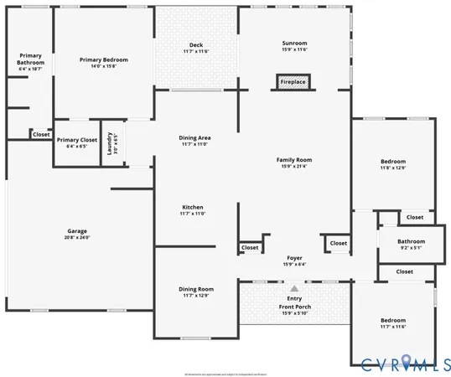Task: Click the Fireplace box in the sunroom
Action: [293, 82]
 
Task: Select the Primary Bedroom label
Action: [103, 59]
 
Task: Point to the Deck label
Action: [195, 45]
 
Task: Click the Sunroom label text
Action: [293, 43]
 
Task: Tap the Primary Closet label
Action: [77, 140]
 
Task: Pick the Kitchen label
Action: [193, 207]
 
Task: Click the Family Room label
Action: [294, 159]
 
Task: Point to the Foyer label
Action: [293, 258]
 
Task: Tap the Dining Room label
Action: [195, 289]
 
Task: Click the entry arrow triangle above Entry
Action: [293, 287]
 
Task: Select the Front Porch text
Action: [293, 307]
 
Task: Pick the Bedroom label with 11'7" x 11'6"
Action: [392, 320]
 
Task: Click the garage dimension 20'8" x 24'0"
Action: [77, 238]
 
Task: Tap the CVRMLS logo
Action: [404, 362]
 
